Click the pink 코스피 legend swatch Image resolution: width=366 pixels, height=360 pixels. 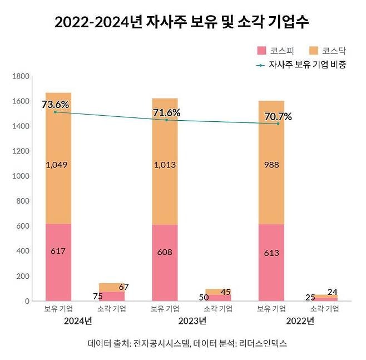pos(261,51)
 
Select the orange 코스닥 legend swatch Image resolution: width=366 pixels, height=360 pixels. pos(314,51)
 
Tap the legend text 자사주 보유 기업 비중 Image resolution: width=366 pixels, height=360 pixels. pos(308,65)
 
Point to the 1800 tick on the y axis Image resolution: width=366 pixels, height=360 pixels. pos(21,76)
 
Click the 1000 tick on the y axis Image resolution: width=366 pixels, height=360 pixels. pos(21,176)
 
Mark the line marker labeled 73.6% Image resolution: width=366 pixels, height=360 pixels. pos(55,112)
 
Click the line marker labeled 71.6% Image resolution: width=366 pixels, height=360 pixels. pos(166,120)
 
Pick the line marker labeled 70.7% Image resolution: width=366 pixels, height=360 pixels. pos(278,124)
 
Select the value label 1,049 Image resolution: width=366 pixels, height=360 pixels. pos(57,165)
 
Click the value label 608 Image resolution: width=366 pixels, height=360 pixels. pos(165,252)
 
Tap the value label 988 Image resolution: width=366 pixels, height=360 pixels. pos(271,165)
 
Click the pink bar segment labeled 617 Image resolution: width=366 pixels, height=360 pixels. pos(58,262)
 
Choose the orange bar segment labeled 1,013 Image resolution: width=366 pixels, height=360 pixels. pos(165,161)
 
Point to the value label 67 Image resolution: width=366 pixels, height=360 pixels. pos(123,287)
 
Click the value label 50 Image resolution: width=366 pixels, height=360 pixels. pos(204,298)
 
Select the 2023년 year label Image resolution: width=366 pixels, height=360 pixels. pos(192,321)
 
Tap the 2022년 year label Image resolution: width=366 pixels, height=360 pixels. pos(300,321)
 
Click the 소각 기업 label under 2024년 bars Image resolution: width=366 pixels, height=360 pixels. pos(112,309)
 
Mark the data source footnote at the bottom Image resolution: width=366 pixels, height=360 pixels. pos(187,343)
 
